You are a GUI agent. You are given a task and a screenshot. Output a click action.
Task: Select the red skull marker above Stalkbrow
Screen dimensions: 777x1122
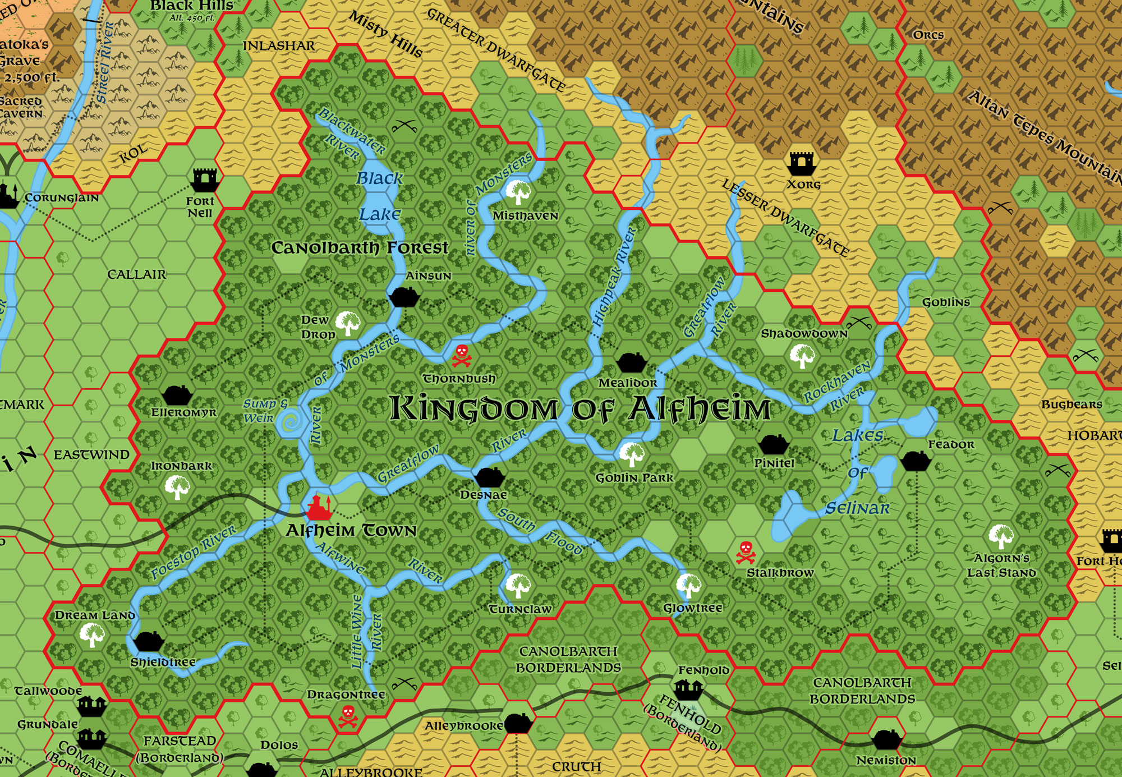(746, 552)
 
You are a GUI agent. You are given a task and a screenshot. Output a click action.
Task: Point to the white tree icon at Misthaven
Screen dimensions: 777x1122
(518, 192)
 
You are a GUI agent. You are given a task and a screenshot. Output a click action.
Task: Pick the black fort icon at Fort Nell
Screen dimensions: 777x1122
(204, 180)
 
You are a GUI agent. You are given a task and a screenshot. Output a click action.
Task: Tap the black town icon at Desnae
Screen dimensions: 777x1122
(490, 477)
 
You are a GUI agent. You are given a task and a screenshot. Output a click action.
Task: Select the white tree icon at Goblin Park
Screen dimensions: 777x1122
(632, 454)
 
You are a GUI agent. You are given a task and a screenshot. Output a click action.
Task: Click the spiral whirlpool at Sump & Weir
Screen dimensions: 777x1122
(291, 421)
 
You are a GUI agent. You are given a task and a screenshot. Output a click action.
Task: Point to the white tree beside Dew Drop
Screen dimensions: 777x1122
(348, 323)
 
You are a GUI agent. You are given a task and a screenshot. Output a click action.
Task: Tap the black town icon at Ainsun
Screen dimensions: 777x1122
(403, 296)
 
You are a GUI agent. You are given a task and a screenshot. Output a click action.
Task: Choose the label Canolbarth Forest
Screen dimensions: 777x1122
(360, 247)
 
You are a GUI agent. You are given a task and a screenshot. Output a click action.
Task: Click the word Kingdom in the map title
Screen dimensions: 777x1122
(473, 408)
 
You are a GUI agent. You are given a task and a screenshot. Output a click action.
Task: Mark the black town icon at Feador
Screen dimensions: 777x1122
(916, 461)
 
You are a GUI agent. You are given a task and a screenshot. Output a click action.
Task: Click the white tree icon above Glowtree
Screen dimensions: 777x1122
(688, 586)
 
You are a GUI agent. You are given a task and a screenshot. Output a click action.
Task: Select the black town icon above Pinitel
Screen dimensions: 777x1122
(774, 444)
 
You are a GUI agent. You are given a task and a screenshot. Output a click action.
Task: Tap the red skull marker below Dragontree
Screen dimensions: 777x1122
(348, 716)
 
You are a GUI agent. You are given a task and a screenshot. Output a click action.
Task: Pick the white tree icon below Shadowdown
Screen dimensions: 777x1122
(802, 355)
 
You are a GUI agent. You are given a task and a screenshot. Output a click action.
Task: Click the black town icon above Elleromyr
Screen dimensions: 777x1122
(177, 395)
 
